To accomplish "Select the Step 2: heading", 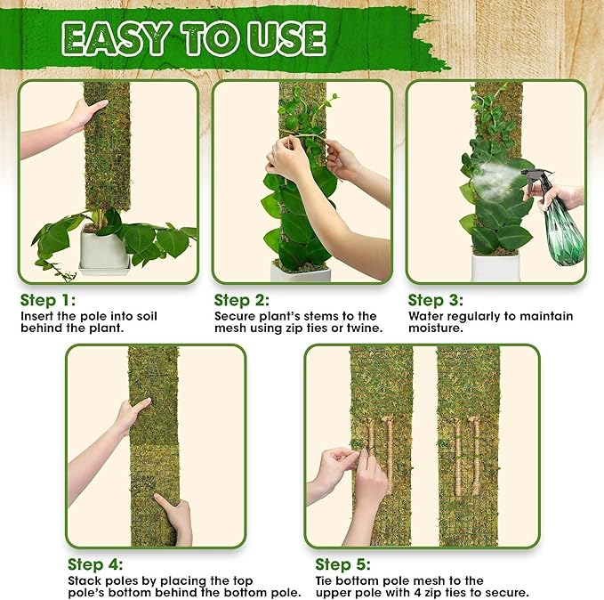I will [x=244, y=300].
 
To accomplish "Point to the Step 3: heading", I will [x=438, y=300].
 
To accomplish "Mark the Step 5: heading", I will [x=344, y=564].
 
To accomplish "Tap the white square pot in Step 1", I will [x=104, y=250].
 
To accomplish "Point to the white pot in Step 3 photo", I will [x=495, y=267].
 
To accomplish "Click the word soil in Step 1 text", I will [x=156, y=316].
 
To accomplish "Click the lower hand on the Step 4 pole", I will [x=175, y=516].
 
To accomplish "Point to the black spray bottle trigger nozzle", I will [x=535, y=182].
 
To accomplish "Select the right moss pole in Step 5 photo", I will [x=467, y=445].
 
